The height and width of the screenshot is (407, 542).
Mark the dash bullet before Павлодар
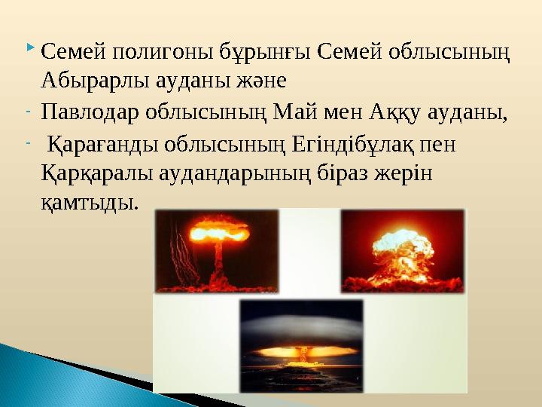coord(28,113)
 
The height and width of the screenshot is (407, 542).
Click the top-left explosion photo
coord(216,250)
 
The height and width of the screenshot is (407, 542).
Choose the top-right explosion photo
coord(403,250)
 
